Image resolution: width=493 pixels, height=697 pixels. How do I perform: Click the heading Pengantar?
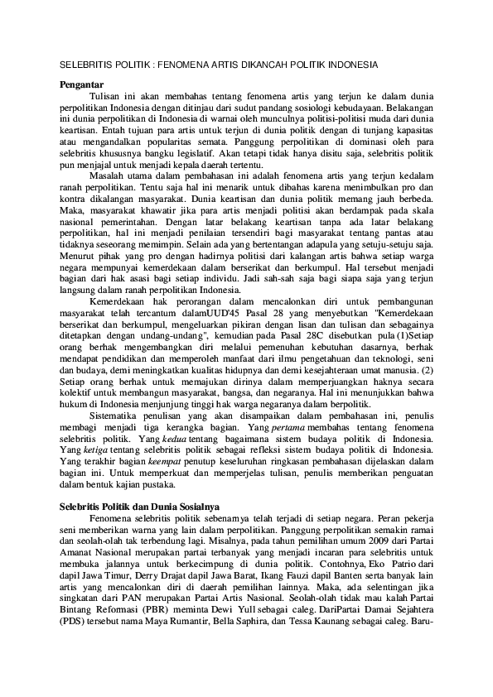pyautogui.click(x=82, y=84)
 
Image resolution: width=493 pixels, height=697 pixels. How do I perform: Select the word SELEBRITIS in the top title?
pyautogui.click(x=85, y=63)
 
